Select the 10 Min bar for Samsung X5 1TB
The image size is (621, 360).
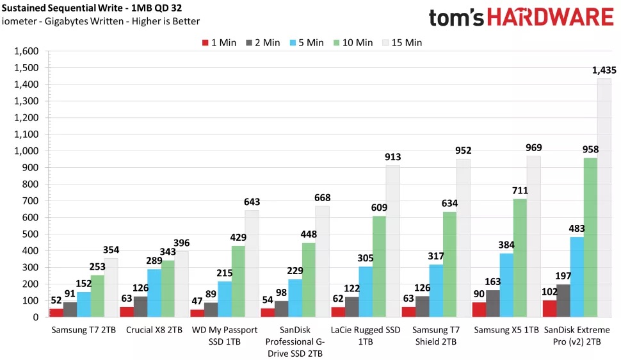[x=519, y=258]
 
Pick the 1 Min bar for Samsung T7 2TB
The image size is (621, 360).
[x=56, y=313]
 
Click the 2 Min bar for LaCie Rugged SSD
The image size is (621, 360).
[x=351, y=307]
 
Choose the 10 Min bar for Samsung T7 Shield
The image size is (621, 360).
[x=449, y=264]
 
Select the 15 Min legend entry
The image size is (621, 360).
[x=401, y=43]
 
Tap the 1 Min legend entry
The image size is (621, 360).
[x=219, y=43]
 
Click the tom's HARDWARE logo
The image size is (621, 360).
[x=521, y=17]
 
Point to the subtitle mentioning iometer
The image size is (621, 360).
[x=101, y=22]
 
